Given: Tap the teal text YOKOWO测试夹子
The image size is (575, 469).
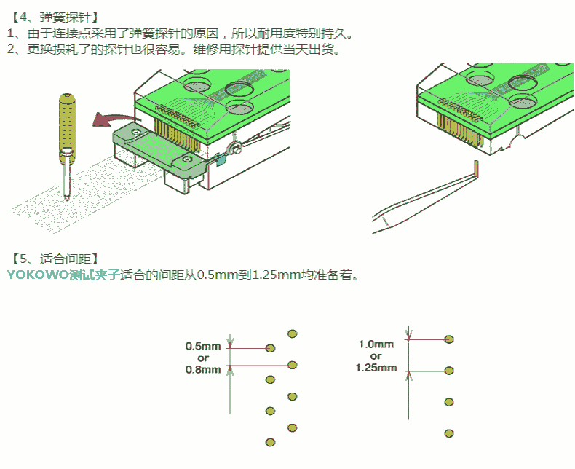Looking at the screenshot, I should tap(63, 275).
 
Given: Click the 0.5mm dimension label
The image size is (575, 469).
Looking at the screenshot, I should tap(203, 347).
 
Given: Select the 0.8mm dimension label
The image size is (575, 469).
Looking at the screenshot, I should tap(203, 369).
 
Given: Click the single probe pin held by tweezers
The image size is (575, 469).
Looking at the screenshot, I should tap(476, 169).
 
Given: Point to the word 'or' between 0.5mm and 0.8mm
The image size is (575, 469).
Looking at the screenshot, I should tap(203, 358).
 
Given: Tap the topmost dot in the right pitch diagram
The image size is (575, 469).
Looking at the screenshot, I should tap(449, 339).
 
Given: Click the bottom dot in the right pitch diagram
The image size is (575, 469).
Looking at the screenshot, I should tap(449, 433).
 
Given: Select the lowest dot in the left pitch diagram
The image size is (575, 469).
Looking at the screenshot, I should tap(271, 442).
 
